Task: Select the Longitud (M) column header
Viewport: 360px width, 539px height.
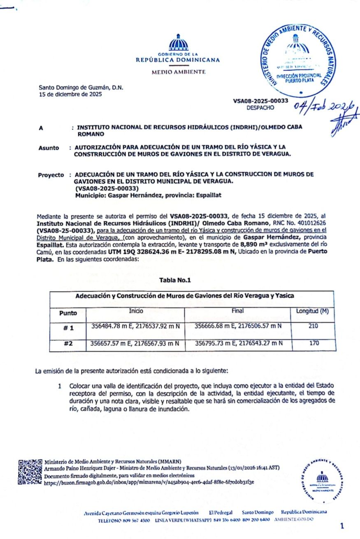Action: pyautogui.click(x=312, y=312)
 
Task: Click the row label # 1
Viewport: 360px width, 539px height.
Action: pyautogui.click(x=68, y=328)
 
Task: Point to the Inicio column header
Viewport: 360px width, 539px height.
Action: pyautogui.click(x=136, y=311)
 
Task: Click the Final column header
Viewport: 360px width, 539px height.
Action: pyautogui.click(x=238, y=311)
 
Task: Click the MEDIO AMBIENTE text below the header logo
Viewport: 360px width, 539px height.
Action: pyautogui.click(x=178, y=72)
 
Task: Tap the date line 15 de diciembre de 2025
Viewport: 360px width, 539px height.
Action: pyautogui.click(x=70, y=94)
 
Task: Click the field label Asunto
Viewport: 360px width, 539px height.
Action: pyautogui.click(x=49, y=148)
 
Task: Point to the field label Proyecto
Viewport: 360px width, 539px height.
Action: pyautogui.click(x=51, y=175)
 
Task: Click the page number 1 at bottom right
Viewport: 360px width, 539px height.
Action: pyautogui.click(x=342, y=525)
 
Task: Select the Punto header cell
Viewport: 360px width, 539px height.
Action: pyautogui.click(x=68, y=313)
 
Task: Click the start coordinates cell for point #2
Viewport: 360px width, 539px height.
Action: pyautogui.click(x=135, y=343)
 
